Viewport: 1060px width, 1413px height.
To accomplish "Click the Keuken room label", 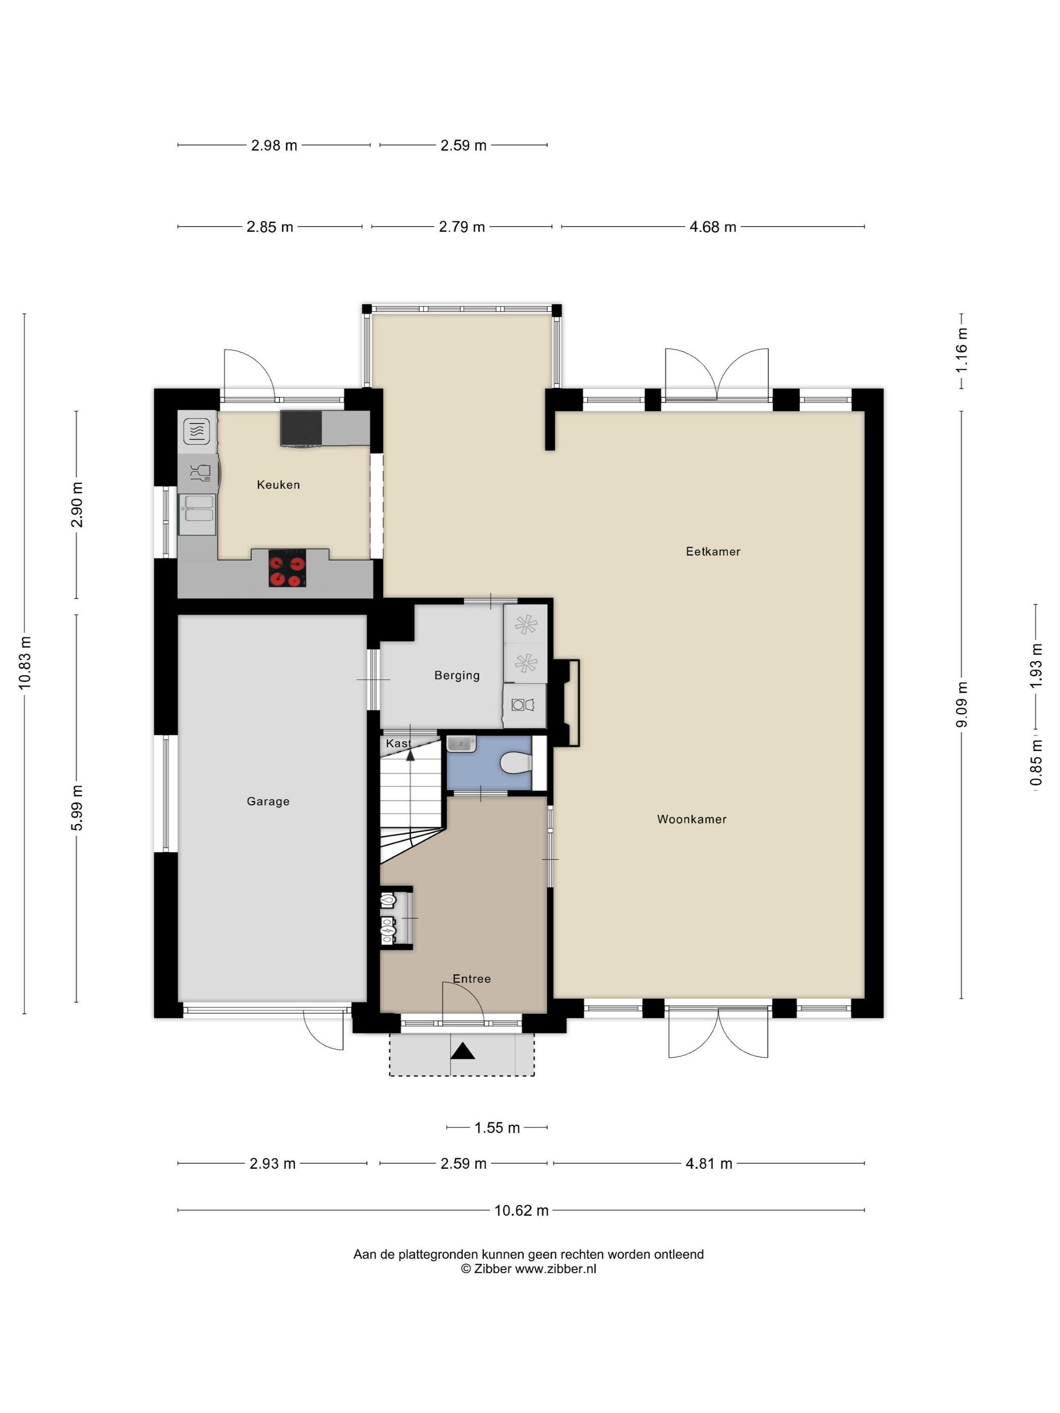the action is point(278,485).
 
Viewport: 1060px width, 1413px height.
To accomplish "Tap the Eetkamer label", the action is point(713,551).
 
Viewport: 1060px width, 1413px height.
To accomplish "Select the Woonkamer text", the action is point(692,819).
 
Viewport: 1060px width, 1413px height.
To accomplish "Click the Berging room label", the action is point(457,675).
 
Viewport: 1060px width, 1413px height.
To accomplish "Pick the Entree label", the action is point(471,978).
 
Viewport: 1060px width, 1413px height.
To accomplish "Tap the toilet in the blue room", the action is point(516,762).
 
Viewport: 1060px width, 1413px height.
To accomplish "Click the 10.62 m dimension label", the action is point(521,1211).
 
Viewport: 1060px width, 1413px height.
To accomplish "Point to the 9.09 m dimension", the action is point(962,704).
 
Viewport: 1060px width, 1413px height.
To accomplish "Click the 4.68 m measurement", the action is point(713,227).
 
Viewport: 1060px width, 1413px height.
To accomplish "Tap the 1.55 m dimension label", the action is point(497,1128).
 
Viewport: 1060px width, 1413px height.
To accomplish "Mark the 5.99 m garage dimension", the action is point(77,808).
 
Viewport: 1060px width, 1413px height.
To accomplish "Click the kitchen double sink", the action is point(197,515).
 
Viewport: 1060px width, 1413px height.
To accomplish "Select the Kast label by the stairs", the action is point(398,743).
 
